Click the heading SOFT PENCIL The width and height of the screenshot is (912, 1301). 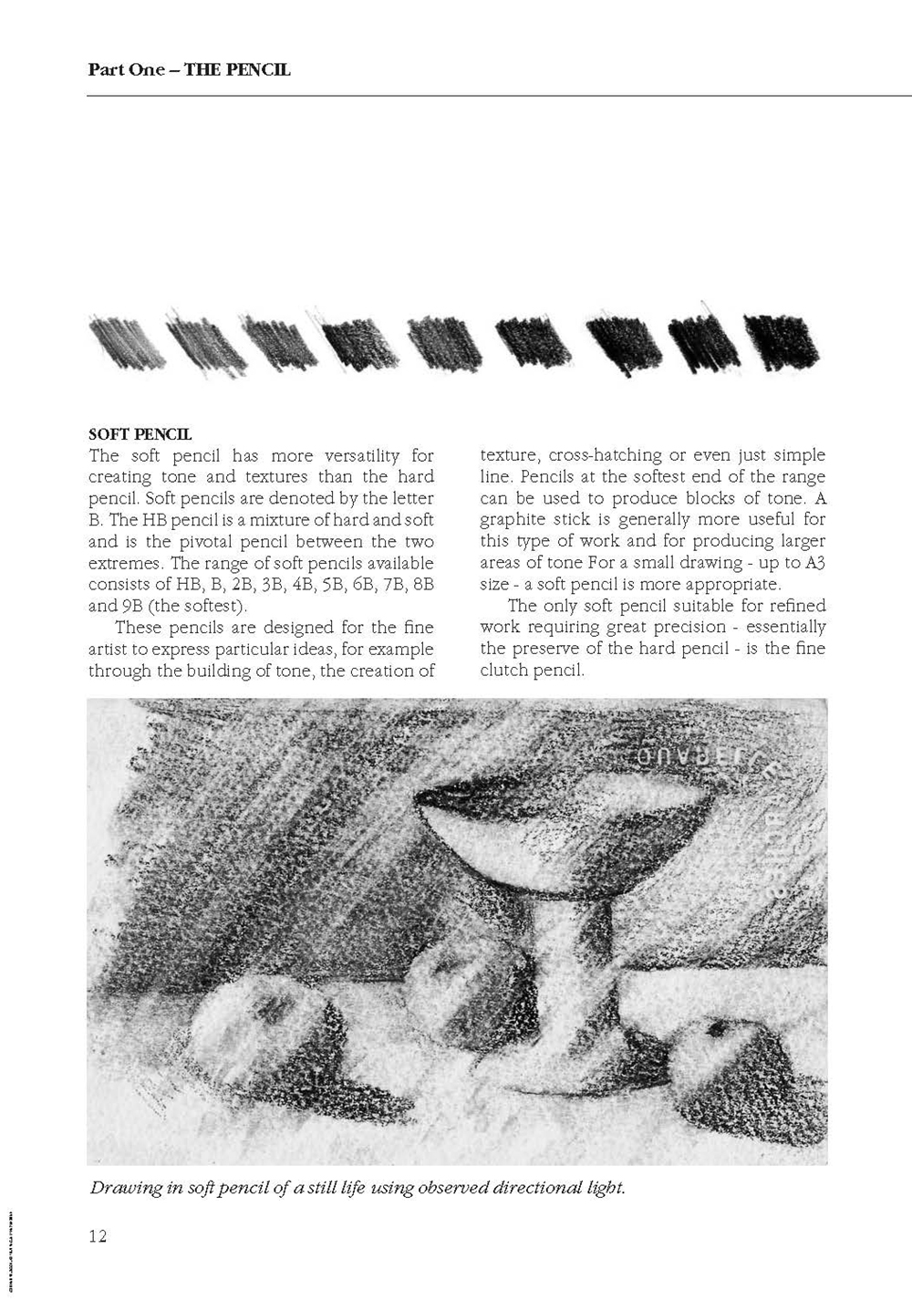click(140, 434)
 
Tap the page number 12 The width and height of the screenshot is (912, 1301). click(98, 1236)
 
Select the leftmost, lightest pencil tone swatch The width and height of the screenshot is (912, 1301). click(128, 342)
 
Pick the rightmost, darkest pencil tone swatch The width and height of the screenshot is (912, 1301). click(782, 342)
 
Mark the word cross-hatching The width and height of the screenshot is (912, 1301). click(605, 455)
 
